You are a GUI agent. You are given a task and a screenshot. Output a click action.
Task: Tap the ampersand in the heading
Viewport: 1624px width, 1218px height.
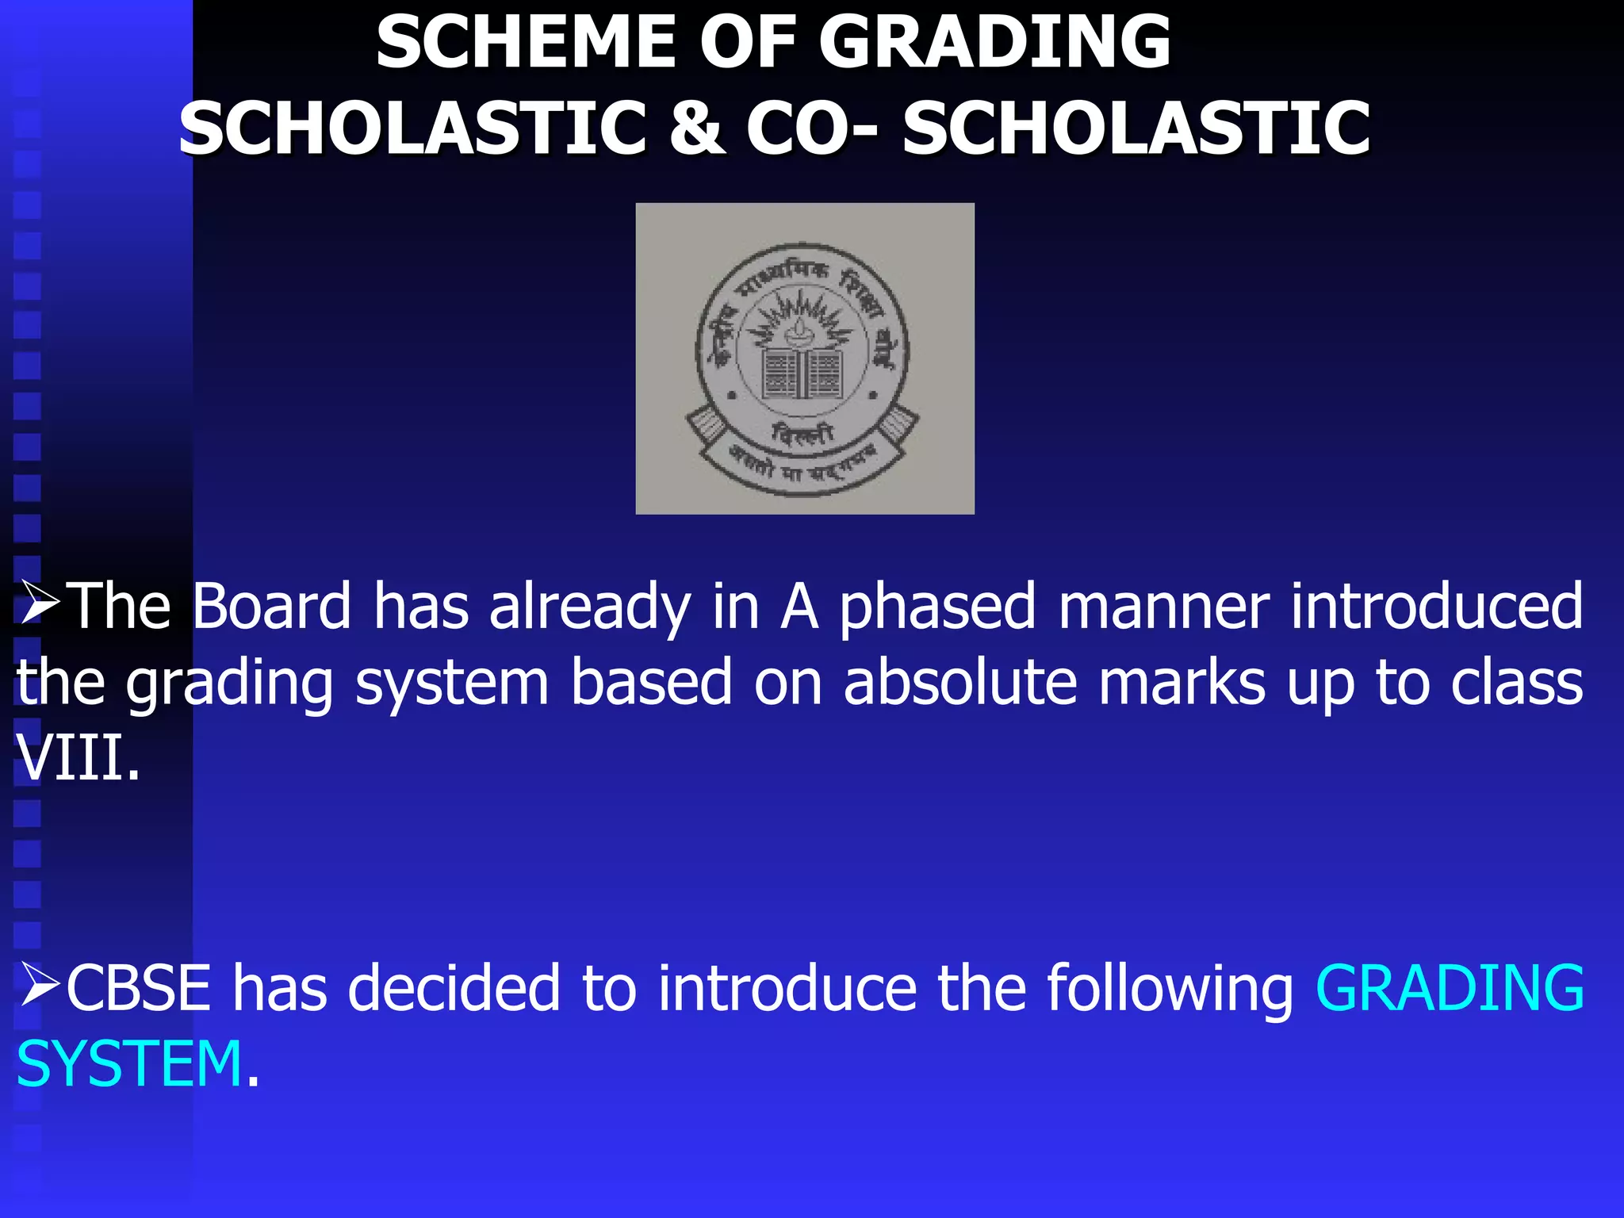(695, 128)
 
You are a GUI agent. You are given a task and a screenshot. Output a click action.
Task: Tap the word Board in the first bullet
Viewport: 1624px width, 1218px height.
(271, 607)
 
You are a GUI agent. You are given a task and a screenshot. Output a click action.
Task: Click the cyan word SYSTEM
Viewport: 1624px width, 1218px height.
(129, 1064)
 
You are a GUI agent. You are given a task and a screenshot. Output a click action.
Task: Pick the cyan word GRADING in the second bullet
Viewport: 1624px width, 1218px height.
(1450, 988)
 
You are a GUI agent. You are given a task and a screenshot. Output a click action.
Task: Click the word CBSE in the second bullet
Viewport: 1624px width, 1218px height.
(139, 988)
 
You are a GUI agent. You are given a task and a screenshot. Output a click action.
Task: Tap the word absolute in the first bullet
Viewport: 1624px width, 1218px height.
(959, 683)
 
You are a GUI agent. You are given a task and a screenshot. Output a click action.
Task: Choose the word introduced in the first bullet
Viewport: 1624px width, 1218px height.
(1436, 607)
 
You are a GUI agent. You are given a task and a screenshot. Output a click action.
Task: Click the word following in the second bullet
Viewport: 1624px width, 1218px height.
(1170, 990)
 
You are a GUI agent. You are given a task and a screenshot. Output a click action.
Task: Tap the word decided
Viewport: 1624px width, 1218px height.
(454, 988)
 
